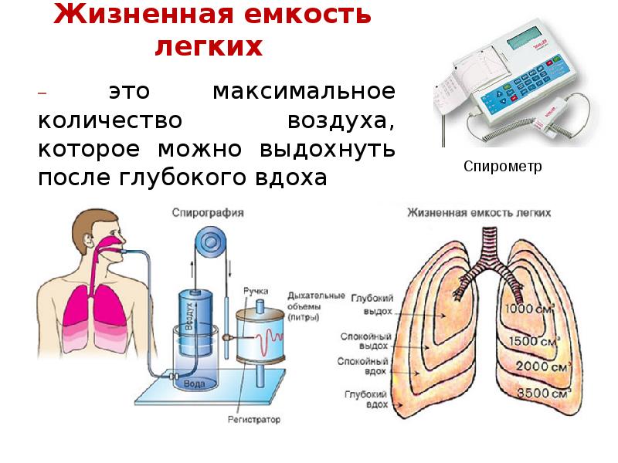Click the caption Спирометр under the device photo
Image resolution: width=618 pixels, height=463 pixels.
pyautogui.click(x=503, y=166)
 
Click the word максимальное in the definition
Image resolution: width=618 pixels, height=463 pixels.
pyautogui.click(x=304, y=92)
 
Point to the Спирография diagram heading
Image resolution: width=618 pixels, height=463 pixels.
pyautogui.click(x=208, y=211)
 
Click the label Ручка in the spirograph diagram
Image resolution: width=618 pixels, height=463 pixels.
pyautogui.click(x=256, y=290)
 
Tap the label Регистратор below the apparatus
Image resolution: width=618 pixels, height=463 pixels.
pyautogui.click(x=254, y=421)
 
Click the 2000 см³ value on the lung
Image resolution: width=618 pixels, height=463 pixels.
pyautogui.click(x=538, y=366)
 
